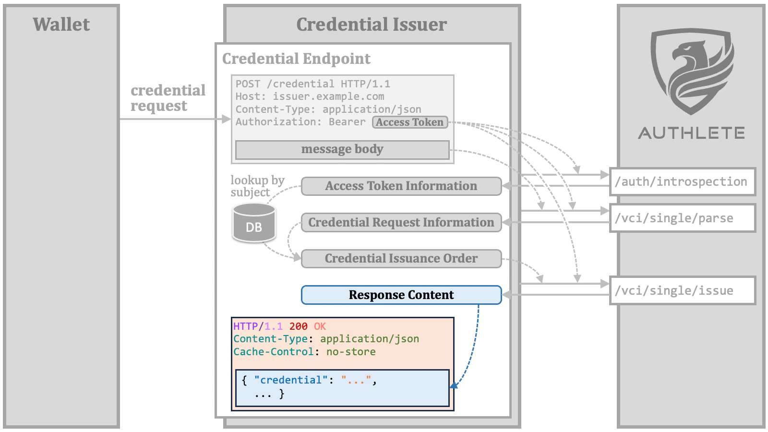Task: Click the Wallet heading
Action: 61,24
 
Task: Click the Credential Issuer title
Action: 372,24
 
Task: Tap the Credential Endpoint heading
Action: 296,59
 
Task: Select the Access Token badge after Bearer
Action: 409,122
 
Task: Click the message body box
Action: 342,149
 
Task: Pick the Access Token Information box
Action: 401,186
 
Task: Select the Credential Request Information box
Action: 401,223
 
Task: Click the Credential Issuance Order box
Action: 401,259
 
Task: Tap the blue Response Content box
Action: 401,295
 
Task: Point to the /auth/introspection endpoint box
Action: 682,182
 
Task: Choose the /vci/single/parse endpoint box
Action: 682,218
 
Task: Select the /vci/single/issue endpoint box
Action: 682,291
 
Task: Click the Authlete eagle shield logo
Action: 692,71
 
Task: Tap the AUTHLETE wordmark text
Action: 691,133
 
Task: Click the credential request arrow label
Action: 168,98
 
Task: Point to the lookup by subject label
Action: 257,186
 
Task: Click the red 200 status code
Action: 298,326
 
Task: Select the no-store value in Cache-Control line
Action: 351,352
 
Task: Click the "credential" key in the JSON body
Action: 291,380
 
